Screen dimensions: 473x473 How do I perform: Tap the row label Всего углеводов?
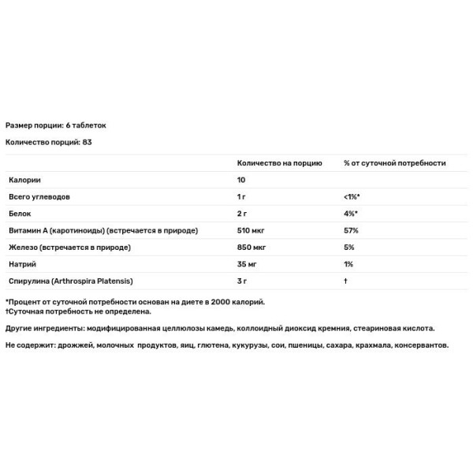[39, 197]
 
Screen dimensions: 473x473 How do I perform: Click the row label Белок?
[18, 214]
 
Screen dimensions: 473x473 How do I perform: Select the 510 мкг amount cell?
[251, 231]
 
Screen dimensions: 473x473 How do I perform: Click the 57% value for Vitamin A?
[351, 231]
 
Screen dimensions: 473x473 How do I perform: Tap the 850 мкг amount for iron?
[251, 248]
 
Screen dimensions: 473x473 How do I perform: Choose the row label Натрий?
[21, 264]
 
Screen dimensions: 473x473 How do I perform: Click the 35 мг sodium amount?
[248, 264]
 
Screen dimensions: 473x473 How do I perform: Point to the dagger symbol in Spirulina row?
[346, 281]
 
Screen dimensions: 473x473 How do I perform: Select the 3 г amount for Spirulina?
[243, 281]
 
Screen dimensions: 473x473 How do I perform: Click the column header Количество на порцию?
[280, 163]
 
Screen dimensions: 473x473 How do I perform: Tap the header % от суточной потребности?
[394, 163]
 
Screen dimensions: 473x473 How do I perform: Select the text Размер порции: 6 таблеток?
[55, 125]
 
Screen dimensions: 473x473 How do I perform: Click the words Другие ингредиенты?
[43, 328]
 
